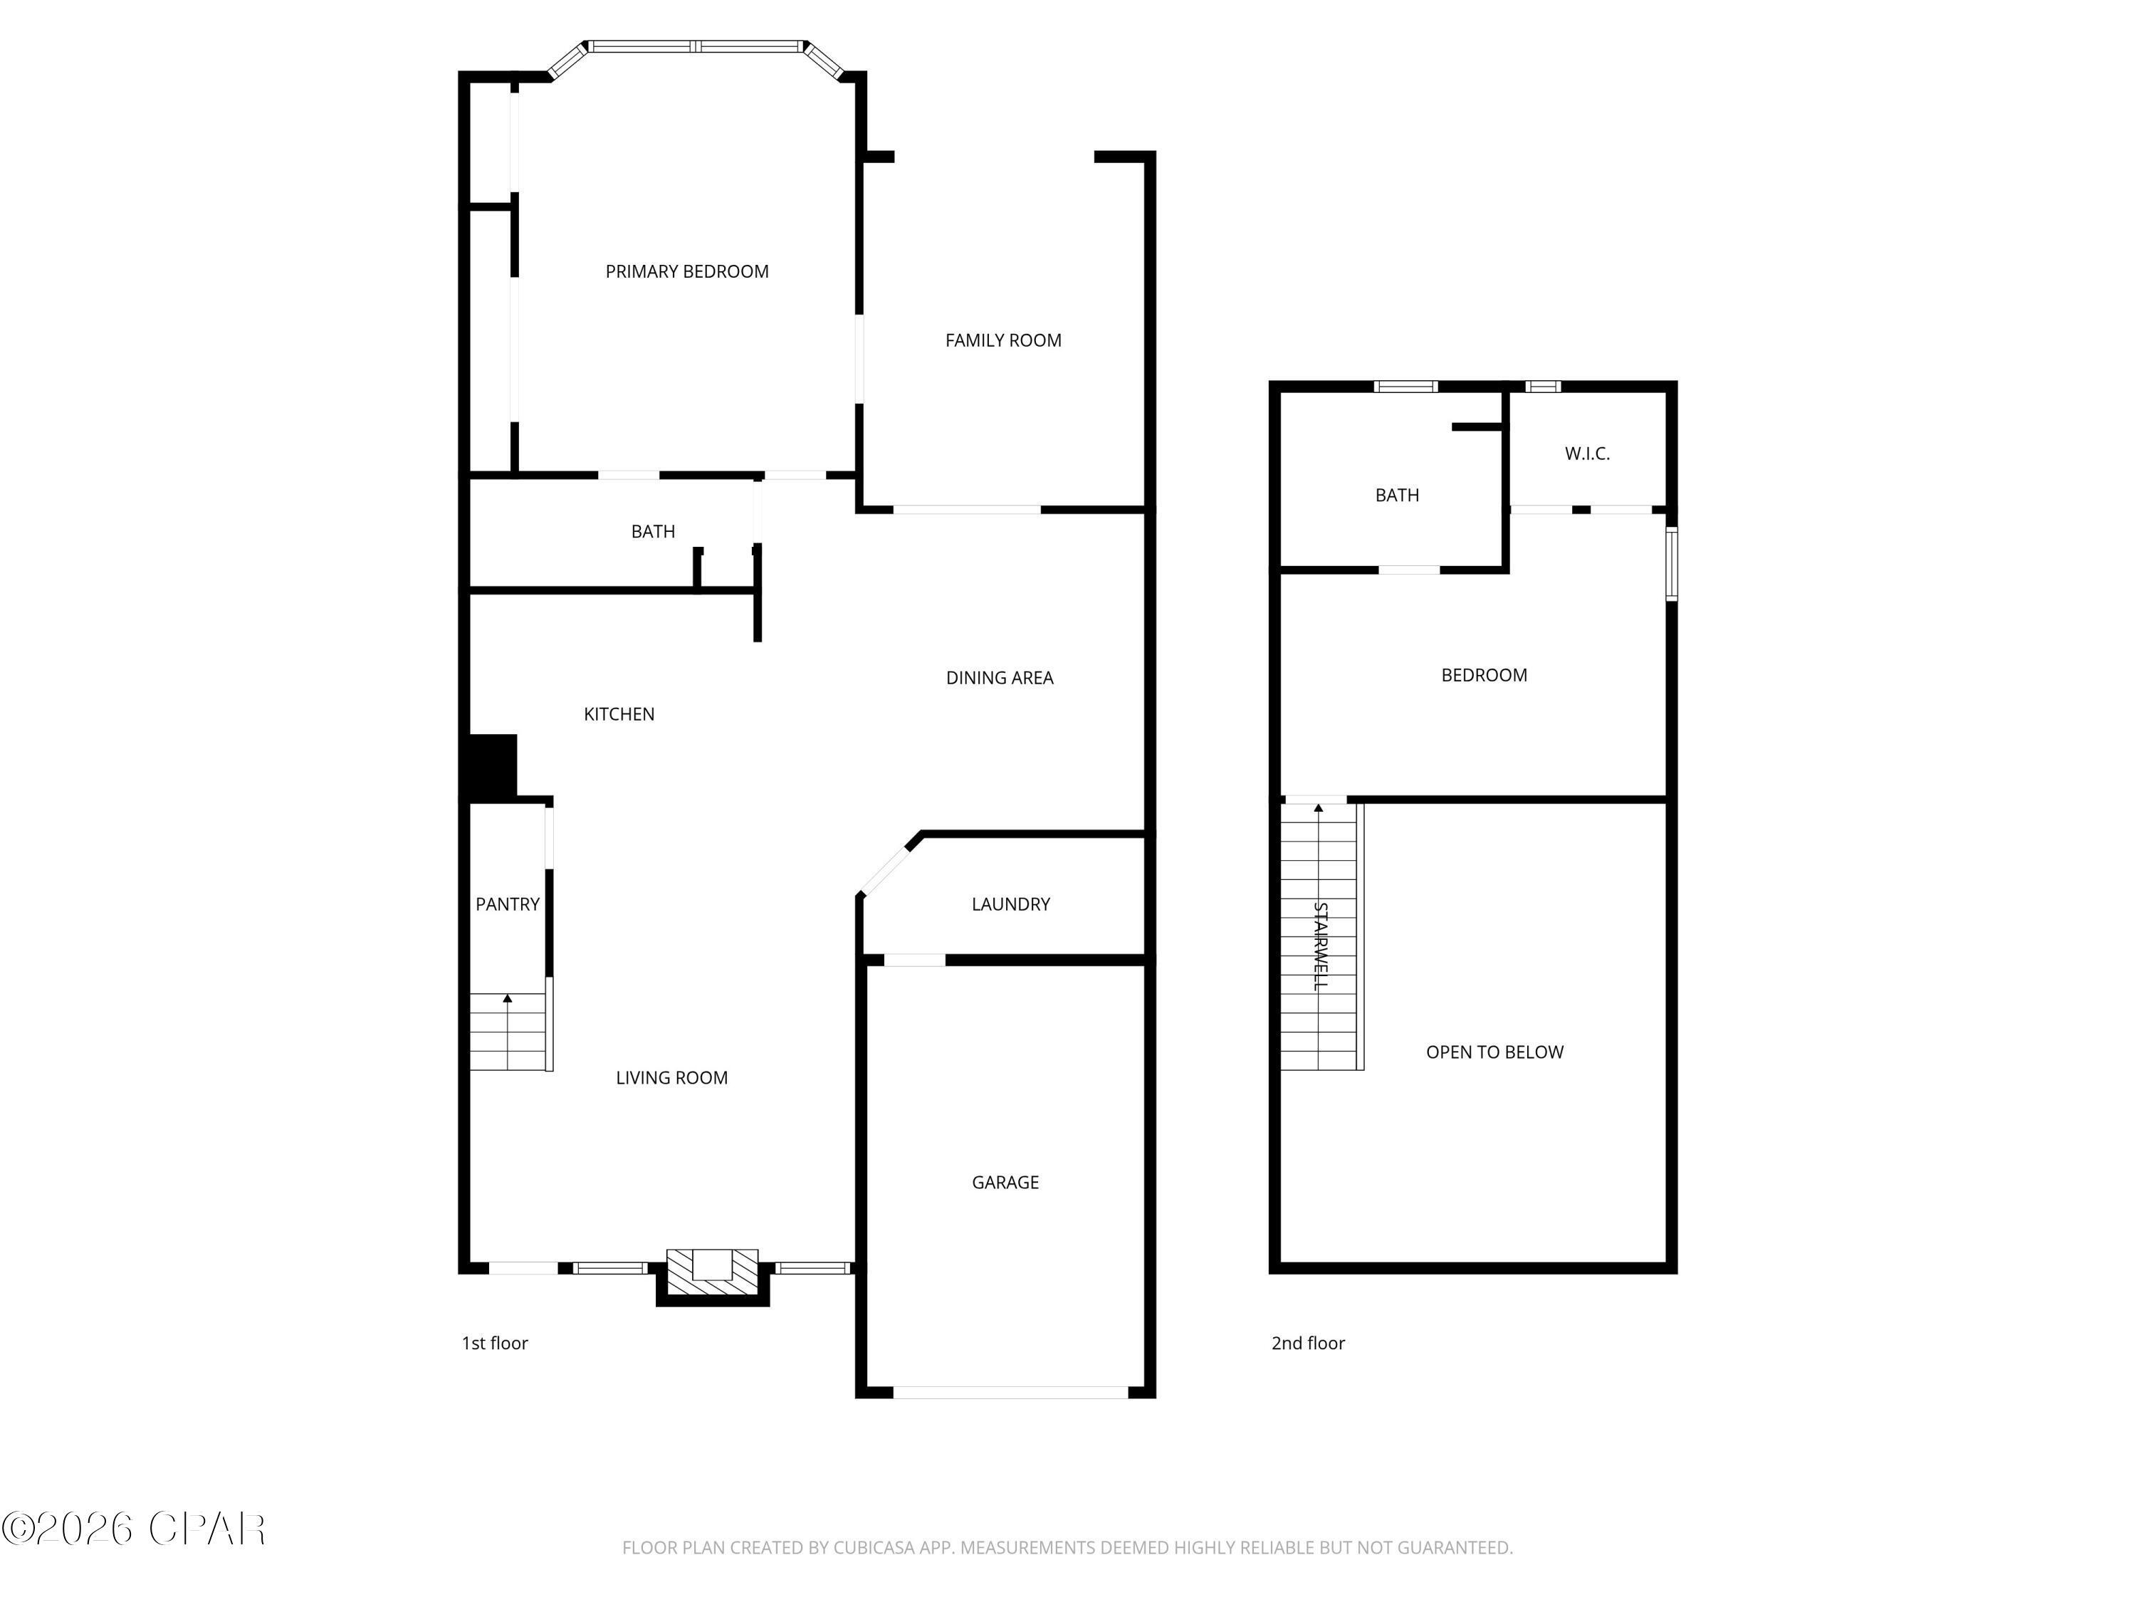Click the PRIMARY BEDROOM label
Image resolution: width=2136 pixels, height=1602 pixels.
click(x=686, y=272)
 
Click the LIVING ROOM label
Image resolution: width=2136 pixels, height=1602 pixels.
click(x=671, y=1079)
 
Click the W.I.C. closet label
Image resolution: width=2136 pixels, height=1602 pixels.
click(x=1586, y=454)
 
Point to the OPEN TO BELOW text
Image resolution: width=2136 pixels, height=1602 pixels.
click(x=1494, y=1052)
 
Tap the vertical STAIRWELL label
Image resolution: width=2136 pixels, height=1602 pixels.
click(x=1320, y=946)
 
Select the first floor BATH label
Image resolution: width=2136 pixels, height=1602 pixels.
click(x=653, y=532)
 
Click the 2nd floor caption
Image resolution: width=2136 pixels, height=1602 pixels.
click(x=1307, y=1344)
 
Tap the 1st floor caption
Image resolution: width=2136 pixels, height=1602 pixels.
click(x=494, y=1344)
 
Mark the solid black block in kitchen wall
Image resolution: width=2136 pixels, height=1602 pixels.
click(x=493, y=767)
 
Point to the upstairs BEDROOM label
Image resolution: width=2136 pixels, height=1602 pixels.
click(x=1483, y=676)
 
